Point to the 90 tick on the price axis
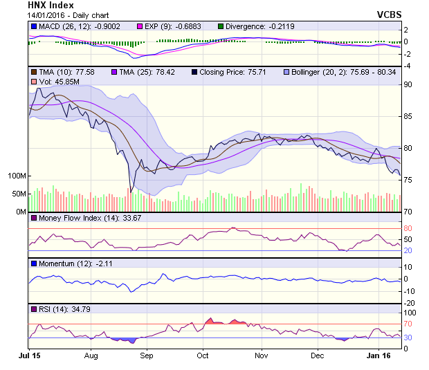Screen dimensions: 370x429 pos(408,84)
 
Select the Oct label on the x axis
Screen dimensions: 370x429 pos(202,356)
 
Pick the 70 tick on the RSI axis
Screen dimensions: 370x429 pos(408,324)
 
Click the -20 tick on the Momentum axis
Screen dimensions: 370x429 pos(408,302)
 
